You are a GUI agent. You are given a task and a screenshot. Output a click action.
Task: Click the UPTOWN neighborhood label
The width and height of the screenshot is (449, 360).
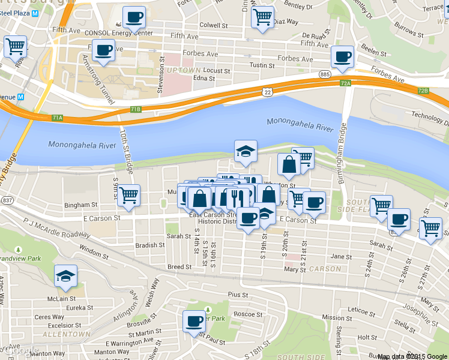(x=184, y=71)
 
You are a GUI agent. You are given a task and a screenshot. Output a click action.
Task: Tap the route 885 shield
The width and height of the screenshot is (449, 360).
(x=325, y=74)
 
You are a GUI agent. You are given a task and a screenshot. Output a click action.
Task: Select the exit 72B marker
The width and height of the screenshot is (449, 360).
(x=423, y=91)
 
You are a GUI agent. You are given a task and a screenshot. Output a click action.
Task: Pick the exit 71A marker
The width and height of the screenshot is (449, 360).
(x=57, y=118)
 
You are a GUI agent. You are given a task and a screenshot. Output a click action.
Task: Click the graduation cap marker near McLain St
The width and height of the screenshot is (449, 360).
(x=66, y=276)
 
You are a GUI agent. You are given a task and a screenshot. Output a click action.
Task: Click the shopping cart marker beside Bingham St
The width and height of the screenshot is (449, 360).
(x=128, y=194)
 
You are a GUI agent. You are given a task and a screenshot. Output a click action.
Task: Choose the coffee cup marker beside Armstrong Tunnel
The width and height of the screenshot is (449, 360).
(x=103, y=50)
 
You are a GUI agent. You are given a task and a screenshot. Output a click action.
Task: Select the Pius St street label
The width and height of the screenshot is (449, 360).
(x=238, y=295)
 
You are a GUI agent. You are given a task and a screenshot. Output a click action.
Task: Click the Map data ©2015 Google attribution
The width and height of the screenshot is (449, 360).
(x=412, y=356)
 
